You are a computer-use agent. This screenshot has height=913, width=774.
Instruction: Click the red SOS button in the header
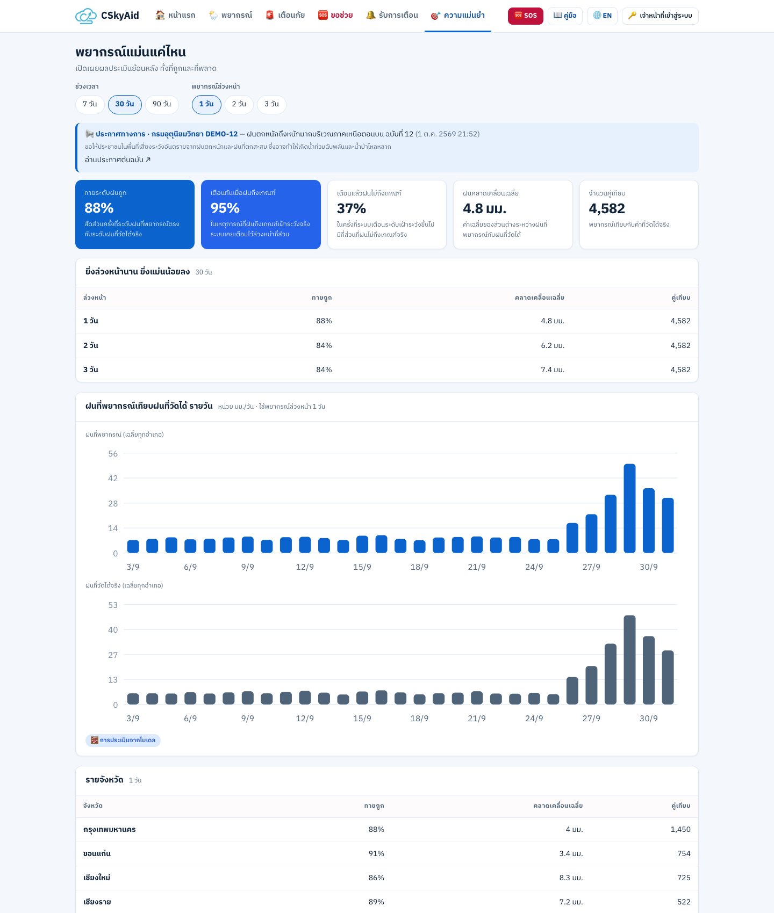(526, 16)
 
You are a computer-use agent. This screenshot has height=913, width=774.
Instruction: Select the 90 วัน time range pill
(162, 104)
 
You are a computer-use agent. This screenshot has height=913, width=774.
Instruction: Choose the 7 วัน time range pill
(90, 104)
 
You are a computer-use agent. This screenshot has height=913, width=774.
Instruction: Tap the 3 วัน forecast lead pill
(271, 104)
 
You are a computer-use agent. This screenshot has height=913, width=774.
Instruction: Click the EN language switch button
(602, 16)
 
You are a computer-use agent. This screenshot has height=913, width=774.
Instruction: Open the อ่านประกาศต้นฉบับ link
(118, 160)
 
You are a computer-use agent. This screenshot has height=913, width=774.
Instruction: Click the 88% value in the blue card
(99, 208)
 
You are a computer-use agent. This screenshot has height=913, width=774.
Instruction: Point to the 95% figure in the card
(225, 208)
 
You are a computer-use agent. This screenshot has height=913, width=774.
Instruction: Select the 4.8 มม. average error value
(484, 208)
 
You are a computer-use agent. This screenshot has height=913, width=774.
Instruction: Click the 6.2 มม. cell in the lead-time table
(553, 345)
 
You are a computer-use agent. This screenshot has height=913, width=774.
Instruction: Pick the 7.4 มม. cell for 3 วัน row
(553, 369)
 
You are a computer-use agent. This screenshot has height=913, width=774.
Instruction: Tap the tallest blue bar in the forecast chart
(629, 508)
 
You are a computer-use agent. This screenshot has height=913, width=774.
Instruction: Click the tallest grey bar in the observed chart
(629, 660)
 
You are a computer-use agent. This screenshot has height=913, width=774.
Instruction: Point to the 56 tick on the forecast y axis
(113, 454)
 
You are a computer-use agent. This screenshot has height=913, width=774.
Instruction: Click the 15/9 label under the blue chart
(362, 567)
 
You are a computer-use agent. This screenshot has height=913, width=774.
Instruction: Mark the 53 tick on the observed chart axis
(113, 605)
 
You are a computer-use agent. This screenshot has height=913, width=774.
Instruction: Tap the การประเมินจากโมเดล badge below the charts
(123, 740)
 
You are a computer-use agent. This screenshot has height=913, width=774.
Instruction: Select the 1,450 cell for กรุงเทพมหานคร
(680, 829)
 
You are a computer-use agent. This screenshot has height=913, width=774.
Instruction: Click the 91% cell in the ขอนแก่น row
(376, 853)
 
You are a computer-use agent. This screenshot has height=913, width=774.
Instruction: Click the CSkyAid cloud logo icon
(86, 16)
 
